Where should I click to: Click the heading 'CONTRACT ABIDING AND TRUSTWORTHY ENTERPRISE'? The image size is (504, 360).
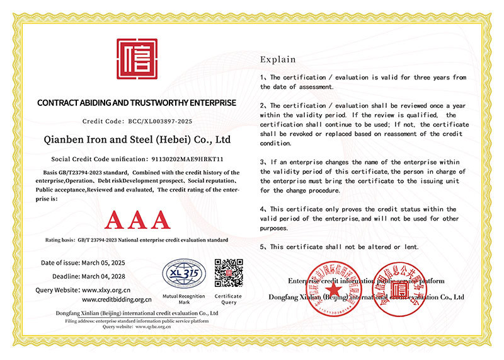[x=137, y=102]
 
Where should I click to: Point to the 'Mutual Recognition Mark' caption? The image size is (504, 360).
[x=183, y=299]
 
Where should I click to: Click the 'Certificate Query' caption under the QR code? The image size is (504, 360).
[x=228, y=299]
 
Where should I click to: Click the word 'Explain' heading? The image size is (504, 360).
[x=277, y=60]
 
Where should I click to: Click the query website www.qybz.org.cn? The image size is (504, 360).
[x=153, y=327]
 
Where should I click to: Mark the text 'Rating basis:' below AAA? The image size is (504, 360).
[x=60, y=240]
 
